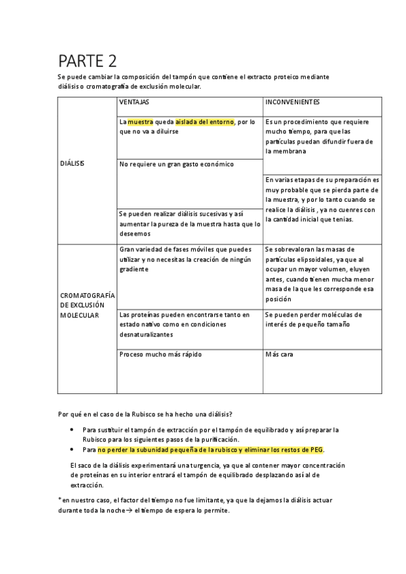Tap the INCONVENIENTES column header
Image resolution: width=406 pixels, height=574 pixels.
click(293, 102)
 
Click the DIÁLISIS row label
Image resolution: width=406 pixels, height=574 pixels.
click(73, 164)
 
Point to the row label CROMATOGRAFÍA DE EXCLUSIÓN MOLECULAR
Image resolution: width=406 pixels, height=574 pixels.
click(88, 305)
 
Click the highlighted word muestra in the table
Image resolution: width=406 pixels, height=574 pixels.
click(140, 122)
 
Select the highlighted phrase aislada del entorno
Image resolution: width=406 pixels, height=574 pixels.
click(204, 122)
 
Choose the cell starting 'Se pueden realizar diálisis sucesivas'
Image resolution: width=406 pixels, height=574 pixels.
click(189, 223)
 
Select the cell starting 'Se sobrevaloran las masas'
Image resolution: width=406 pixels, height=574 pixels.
click(319, 273)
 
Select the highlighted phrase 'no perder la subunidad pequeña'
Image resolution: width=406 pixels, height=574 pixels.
click(210, 449)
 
